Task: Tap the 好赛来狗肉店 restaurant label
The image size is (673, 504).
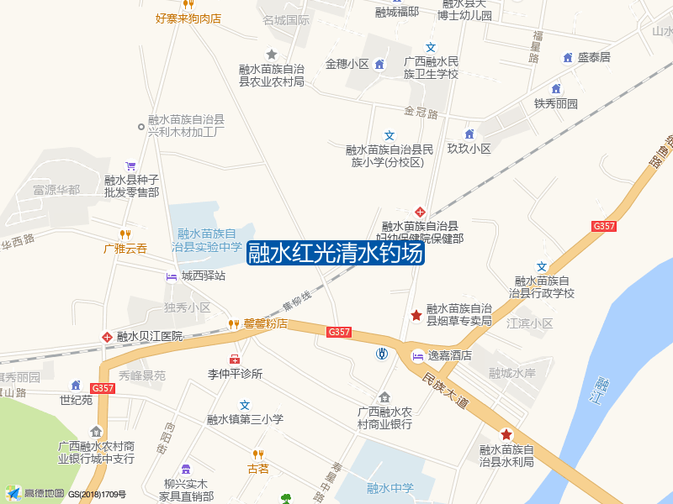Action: pyautogui.click(x=188, y=18)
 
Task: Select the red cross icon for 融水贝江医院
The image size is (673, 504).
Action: pyautogui.click(x=107, y=337)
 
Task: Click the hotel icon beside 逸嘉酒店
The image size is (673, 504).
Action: pyautogui.click(x=416, y=356)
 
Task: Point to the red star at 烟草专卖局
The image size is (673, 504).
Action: pyautogui.click(x=416, y=315)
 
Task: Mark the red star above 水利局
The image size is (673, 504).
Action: pyautogui.click(x=506, y=434)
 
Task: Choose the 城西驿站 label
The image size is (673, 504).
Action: pyautogui.click(x=203, y=276)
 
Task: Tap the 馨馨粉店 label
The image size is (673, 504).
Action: pyautogui.click(x=265, y=323)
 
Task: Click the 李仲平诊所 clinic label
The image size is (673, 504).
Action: pyautogui.click(x=236, y=374)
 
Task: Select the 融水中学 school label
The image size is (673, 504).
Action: pyautogui.click(x=390, y=487)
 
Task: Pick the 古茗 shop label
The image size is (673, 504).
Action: pyautogui.click(x=257, y=469)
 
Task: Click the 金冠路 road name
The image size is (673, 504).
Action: pyautogui.click(x=421, y=112)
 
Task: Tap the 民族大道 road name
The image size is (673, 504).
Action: pyautogui.click(x=445, y=391)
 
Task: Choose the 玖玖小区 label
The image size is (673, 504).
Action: pyautogui.click(x=469, y=149)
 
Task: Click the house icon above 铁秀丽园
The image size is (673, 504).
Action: pyautogui.click(x=556, y=89)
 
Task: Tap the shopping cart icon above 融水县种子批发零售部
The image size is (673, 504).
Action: pyautogui.click(x=130, y=165)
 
